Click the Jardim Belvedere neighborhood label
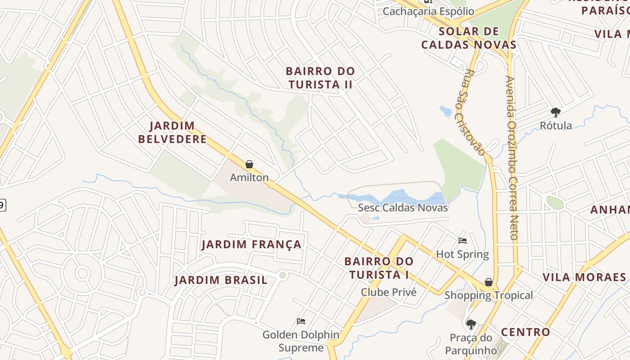click(172, 132)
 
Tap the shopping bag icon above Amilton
click(249, 165)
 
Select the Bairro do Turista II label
click(320, 78)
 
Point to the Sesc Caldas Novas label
click(403, 207)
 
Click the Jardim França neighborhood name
click(251, 244)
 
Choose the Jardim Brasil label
click(221, 280)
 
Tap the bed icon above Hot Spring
click(463, 241)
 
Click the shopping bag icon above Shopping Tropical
click(489, 282)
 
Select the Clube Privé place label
click(389, 292)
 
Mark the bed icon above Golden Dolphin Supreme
click(301, 321)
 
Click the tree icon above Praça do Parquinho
click(471, 324)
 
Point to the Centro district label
click(526, 332)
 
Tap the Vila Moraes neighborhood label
click(585, 277)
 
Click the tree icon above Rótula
click(556, 112)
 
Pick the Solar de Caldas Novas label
click(468, 38)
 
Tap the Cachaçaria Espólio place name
click(428, 11)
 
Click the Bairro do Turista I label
click(378, 268)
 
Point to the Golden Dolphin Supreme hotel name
click(301, 341)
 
